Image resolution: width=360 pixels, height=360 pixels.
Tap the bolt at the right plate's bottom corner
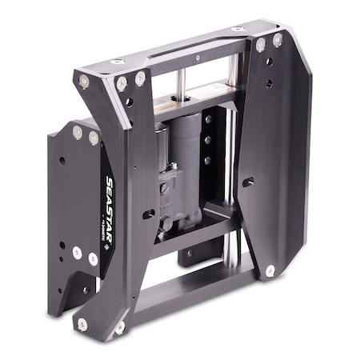pos(270,270)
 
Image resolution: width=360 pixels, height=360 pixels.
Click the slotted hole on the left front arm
pos(149,214)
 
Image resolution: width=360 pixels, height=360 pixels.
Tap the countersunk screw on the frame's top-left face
pos(118,61)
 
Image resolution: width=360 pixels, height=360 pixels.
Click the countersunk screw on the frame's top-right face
pos(238,30)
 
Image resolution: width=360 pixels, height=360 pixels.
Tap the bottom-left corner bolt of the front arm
pos(82,323)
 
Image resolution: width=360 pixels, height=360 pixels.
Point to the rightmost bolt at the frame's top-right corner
pos(278,40)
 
